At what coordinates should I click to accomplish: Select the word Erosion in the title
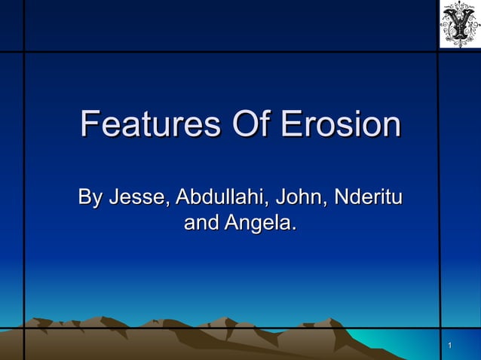point(341,125)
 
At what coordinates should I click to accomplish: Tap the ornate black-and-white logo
point(459,24)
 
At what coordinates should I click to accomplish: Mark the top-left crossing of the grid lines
point(24,52)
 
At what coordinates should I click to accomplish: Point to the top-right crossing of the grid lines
point(439,52)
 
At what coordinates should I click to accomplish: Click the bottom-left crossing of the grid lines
point(24,328)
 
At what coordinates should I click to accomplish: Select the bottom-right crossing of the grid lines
point(439,328)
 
